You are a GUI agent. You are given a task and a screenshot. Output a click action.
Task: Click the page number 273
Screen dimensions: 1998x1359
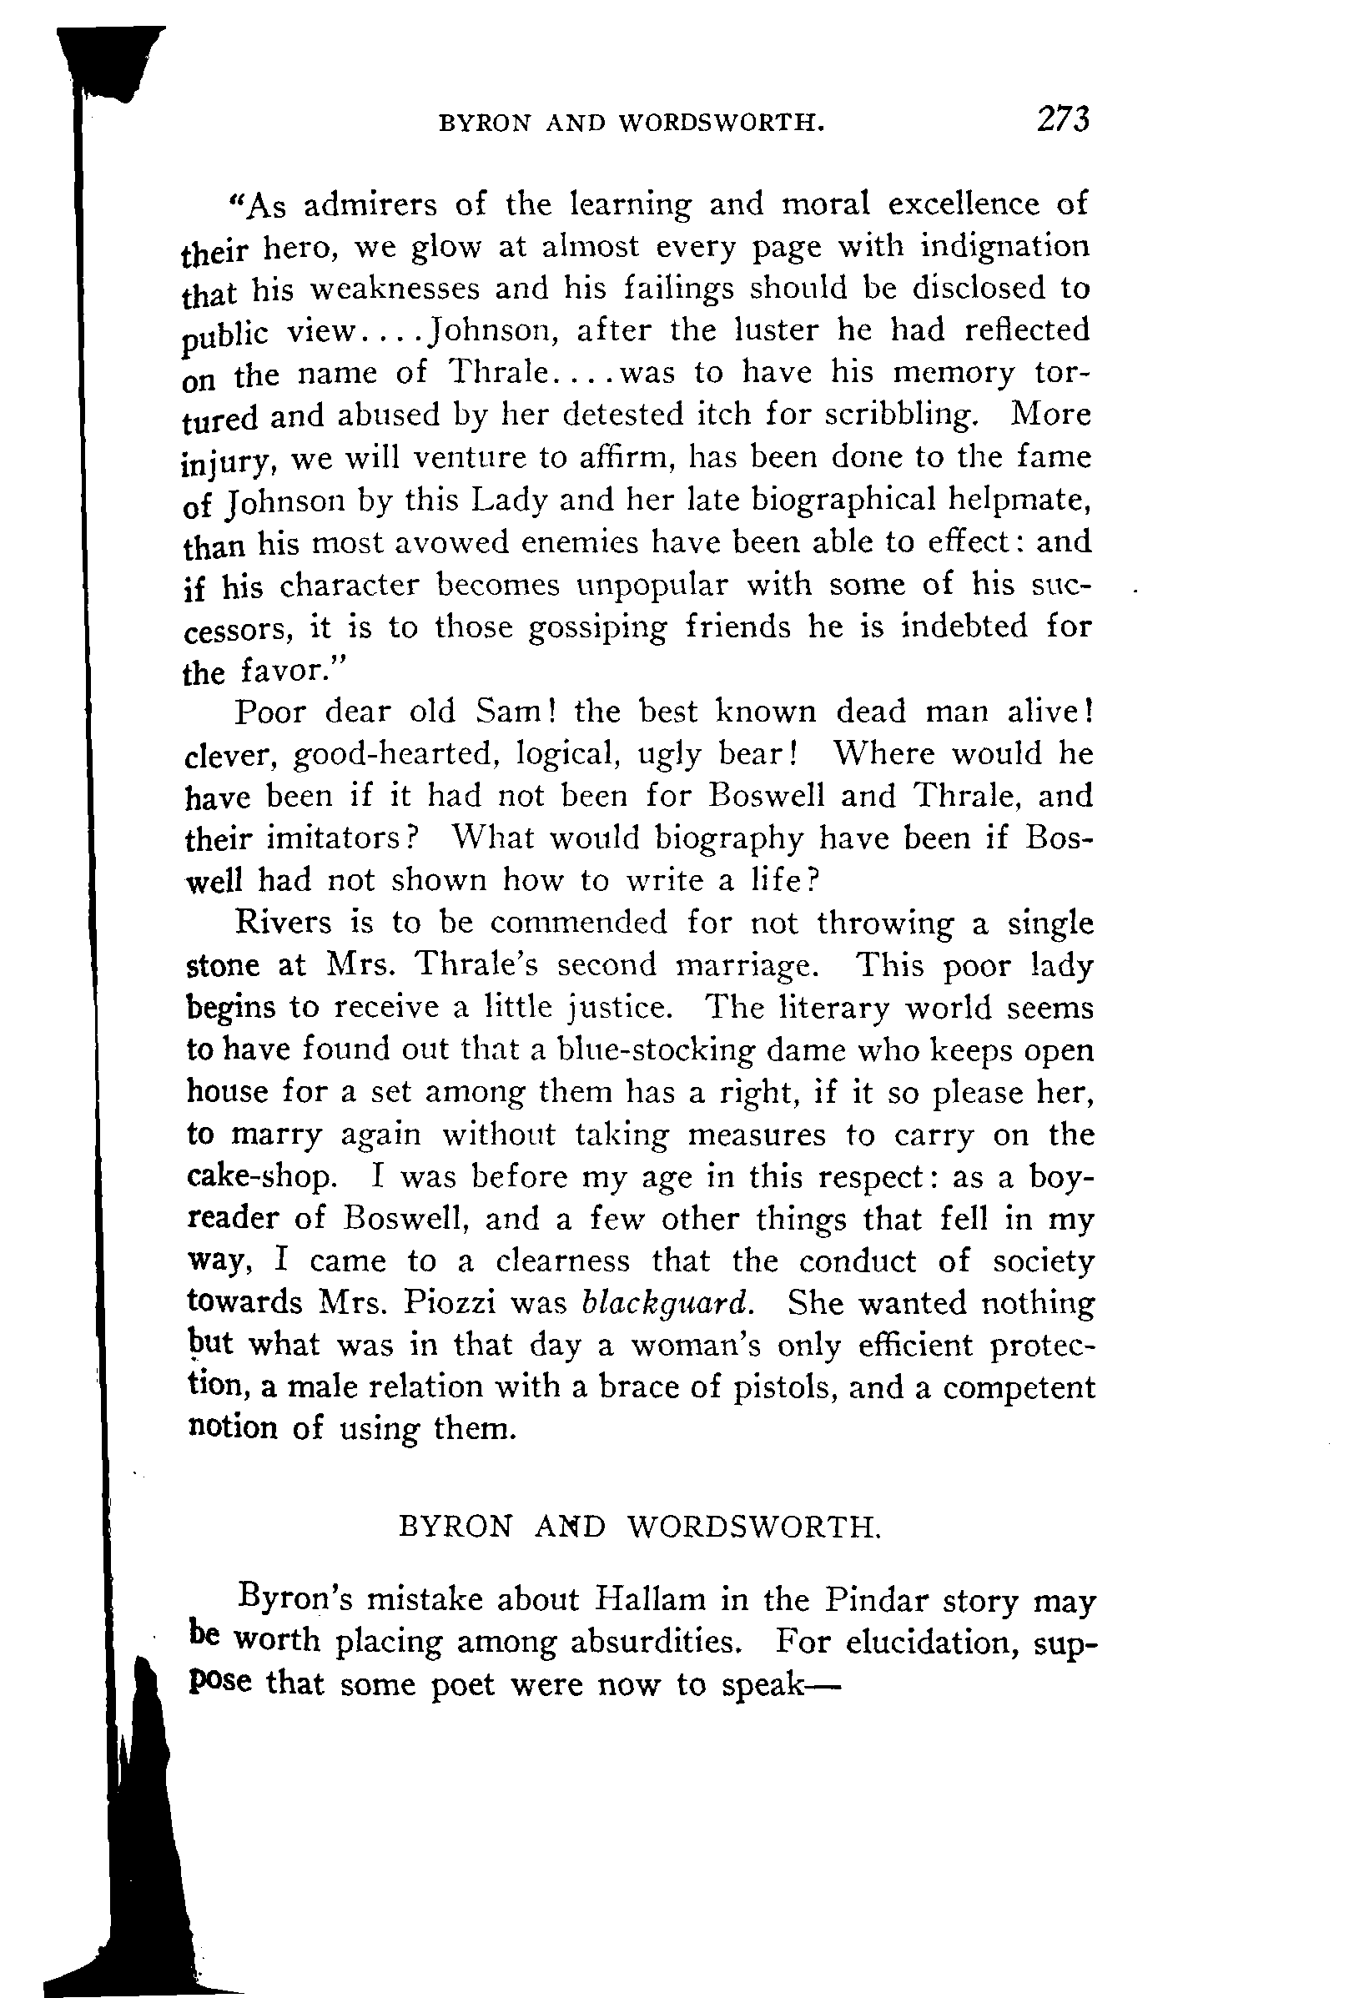(x=1063, y=119)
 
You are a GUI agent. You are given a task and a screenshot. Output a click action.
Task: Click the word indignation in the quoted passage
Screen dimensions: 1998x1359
(x=1004, y=247)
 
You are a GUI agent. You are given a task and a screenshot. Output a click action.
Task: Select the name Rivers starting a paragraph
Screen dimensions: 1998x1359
(x=283, y=923)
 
